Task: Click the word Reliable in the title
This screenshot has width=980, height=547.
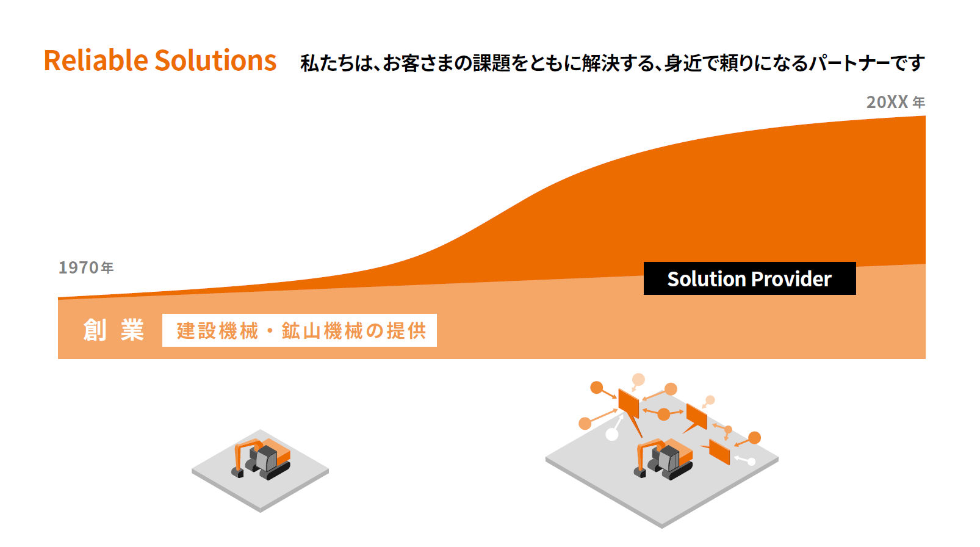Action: click(96, 60)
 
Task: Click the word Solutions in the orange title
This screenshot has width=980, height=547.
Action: click(215, 60)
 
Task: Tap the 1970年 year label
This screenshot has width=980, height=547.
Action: click(86, 267)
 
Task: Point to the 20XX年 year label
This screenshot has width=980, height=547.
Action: click(896, 102)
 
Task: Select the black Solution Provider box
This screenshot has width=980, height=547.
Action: click(749, 278)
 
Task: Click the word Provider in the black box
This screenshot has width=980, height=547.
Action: click(791, 279)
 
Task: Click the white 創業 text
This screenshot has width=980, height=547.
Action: click(113, 330)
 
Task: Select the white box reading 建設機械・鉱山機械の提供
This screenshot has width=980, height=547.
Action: click(300, 330)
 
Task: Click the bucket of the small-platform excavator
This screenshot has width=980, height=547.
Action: click(237, 473)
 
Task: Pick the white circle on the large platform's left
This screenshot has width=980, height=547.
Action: click(611, 434)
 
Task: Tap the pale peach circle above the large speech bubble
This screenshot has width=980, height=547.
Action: click(638, 379)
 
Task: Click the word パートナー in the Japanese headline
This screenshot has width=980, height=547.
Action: click(848, 63)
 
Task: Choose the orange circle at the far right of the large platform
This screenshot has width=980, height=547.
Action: click(754, 438)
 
